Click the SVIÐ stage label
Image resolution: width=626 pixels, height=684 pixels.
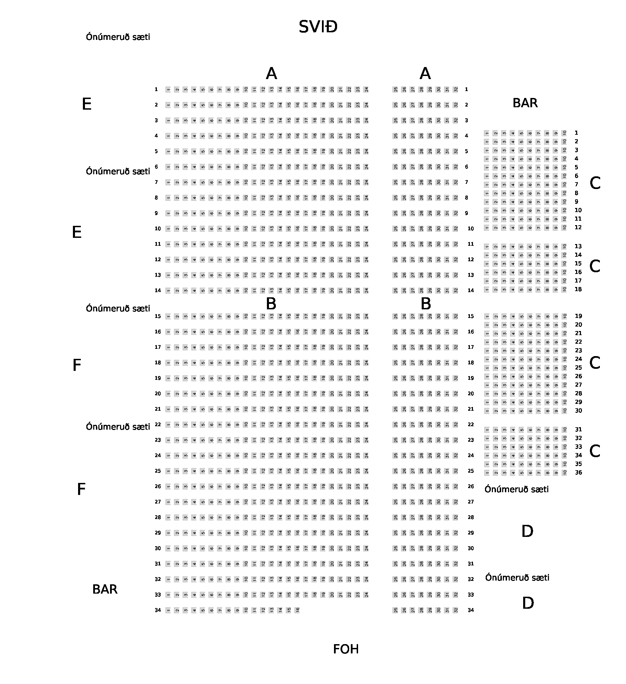tap(318, 27)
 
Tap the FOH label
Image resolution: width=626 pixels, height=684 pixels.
tap(346, 649)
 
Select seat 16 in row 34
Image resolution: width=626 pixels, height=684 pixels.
tap(298, 610)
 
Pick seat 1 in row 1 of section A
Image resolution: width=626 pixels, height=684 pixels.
tap(168, 89)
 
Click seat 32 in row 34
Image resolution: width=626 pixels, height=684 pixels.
tap(456, 610)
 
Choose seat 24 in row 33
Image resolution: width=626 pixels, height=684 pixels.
tap(366, 595)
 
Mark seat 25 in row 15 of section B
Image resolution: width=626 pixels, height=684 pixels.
tap(396, 316)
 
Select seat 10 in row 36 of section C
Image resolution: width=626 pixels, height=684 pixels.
tap(564, 473)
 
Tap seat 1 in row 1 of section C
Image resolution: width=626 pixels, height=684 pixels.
tap(487, 133)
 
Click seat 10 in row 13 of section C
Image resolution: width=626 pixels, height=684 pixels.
tap(564, 246)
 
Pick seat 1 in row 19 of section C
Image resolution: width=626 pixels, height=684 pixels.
tap(487, 316)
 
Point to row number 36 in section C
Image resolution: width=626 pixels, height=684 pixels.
tap(579, 473)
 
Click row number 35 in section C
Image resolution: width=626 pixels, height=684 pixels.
tap(579, 464)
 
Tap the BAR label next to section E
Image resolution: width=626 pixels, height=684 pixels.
tap(525, 103)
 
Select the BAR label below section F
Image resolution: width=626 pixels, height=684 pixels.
tap(105, 589)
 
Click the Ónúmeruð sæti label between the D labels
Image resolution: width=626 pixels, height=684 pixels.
tap(517, 578)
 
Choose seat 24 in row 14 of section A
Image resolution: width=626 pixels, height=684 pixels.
tap(366, 290)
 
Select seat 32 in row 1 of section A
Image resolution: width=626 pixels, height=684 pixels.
tap(456, 89)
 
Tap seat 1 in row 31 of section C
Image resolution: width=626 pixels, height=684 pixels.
tap(487, 430)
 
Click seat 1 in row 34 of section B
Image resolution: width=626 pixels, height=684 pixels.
tap(168, 610)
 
